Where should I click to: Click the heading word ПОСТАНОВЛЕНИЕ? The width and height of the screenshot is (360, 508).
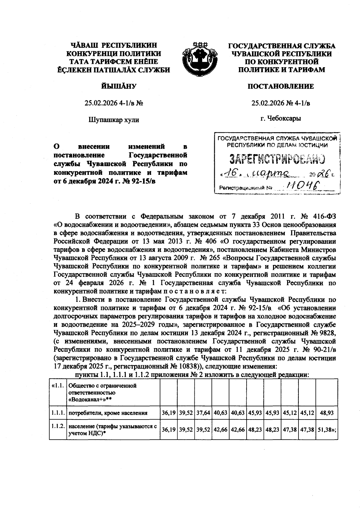[x=280, y=87]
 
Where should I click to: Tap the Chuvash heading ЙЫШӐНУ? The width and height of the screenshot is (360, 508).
[x=114, y=87]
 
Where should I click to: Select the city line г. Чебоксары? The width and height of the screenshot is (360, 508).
[x=280, y=118]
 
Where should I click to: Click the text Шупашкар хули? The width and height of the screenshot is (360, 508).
[x=114, y=120]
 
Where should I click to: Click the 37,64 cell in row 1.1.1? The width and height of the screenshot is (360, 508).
[x=203, y=413]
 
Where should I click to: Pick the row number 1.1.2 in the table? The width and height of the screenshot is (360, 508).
[x=58, y=426]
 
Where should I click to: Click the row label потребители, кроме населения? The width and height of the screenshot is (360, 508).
[x=108, y=413]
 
